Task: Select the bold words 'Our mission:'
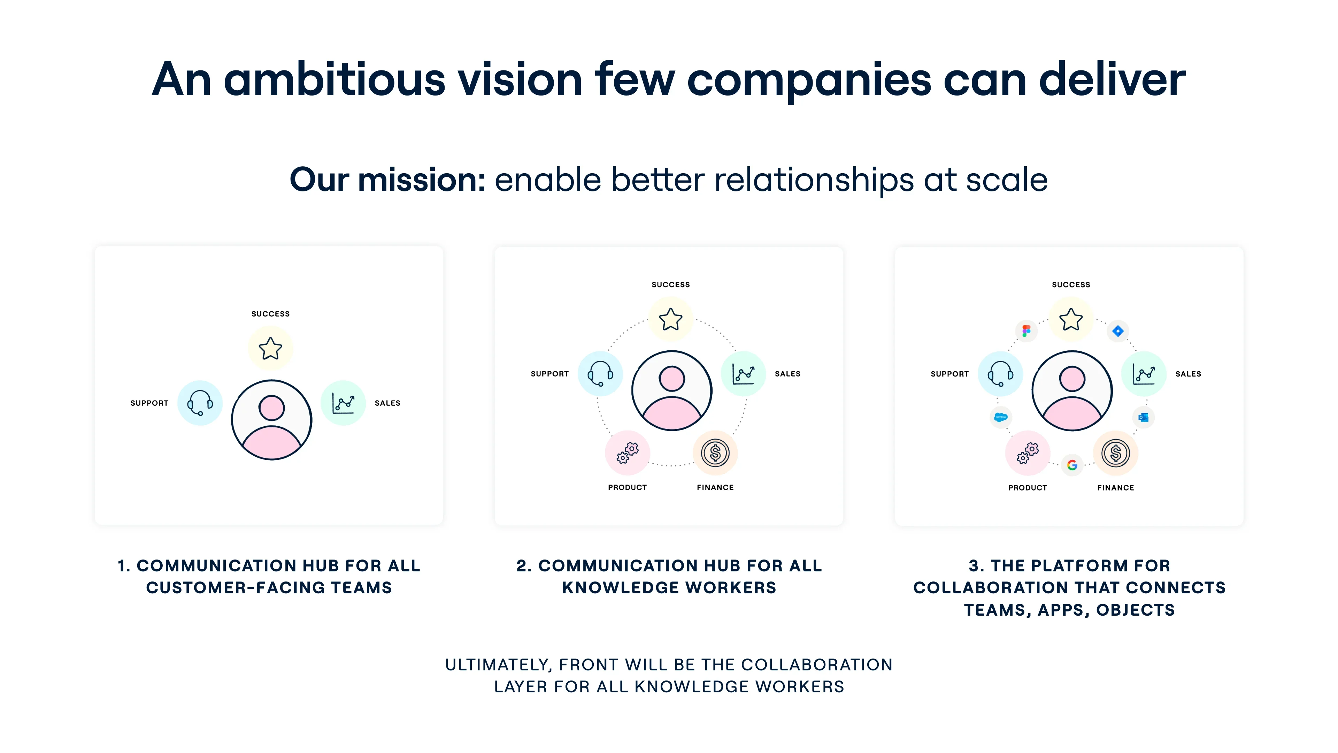(387, 180)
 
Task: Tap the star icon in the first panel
(271, 349)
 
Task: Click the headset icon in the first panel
(200, 403)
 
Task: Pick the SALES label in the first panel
(387, 403)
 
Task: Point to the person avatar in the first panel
(272, 420)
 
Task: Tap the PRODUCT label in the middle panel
(628, 487)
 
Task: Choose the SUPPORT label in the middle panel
(549, 374)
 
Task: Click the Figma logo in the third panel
(1026, 330)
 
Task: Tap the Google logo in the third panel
(1072, 465)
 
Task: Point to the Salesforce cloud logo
(1000, 417)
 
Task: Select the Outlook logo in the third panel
(1143, 417)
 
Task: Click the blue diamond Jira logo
(1118, 331)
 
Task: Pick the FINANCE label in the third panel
(1116, 487)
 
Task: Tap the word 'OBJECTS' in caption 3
(1136, 610)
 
